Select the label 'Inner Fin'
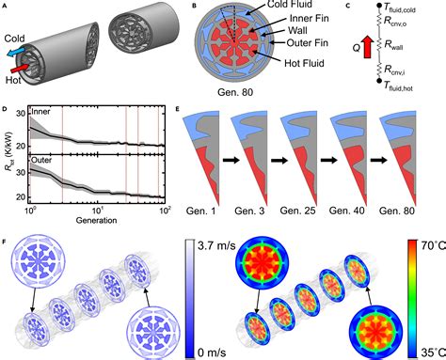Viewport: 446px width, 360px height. (309, 19)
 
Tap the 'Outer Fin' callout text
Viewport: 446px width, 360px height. (308, 42)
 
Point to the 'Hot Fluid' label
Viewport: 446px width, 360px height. (304, 63)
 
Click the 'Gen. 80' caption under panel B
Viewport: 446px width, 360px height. (235, 92)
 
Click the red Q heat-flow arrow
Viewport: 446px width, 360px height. (367, 47)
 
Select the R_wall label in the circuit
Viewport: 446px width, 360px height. (393, 45)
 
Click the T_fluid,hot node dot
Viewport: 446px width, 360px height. (379, 81)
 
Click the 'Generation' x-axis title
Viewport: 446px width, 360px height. (96, 220)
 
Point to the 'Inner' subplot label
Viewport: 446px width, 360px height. (40, 112)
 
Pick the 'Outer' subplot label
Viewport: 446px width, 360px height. (41, 160)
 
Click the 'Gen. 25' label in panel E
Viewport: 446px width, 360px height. (297, 211)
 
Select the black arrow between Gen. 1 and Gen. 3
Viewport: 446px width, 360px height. (231, 160)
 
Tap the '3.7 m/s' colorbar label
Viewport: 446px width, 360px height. (216, 245)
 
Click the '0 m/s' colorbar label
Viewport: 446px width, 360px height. (212, 352)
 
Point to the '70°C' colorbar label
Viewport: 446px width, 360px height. (433, 245)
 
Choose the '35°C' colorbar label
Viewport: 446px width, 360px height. (433, 352)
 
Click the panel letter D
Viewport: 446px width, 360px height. (5, 109)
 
